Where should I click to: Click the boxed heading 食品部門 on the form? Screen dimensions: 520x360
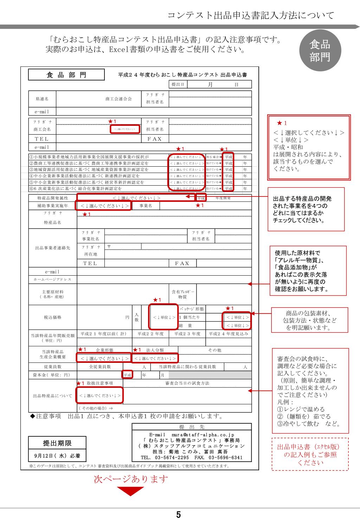coord(66,75)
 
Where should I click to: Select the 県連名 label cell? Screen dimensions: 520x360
coord(42,99)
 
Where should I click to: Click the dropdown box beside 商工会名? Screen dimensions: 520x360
coord(125,129)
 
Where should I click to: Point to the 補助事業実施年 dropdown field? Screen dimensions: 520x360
coord(104,206)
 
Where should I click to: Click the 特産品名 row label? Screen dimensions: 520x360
coord(52,223)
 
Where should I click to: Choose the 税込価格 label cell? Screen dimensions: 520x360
coord(52,317)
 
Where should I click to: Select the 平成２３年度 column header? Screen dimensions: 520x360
coord(187,334)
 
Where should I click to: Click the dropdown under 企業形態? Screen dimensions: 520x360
coord(104,358)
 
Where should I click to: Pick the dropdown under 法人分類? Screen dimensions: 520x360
coord(155,358)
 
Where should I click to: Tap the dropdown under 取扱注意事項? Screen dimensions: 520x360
coord(100,396)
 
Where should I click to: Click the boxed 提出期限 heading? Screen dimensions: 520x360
coord(57,443)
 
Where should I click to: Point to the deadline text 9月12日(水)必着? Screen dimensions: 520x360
coord(57,456)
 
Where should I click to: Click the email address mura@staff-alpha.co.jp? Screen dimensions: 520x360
coord(192,435)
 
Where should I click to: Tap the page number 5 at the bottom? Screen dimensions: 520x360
coord(179,515)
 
